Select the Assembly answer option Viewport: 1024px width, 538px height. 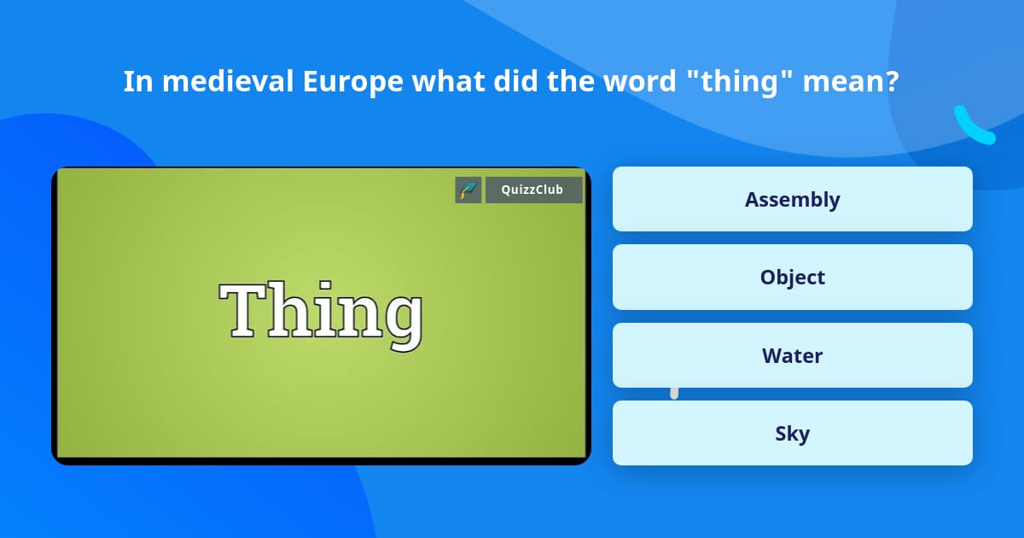(792, 199)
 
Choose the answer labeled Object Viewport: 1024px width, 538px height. (792, 278)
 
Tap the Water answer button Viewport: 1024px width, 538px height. (792, 355)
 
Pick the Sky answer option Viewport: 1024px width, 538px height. (792, 434)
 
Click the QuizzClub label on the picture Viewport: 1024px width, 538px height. (532, 190)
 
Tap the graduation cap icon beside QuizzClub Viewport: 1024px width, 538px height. (468, 190)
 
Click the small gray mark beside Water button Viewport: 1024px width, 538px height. (674, 392)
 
